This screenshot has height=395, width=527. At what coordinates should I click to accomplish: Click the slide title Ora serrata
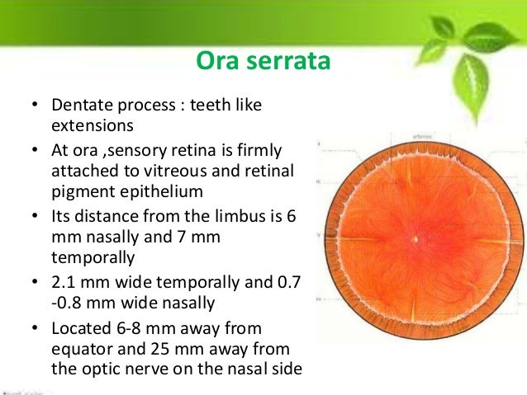263,62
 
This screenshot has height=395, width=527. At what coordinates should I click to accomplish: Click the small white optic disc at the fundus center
417,240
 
